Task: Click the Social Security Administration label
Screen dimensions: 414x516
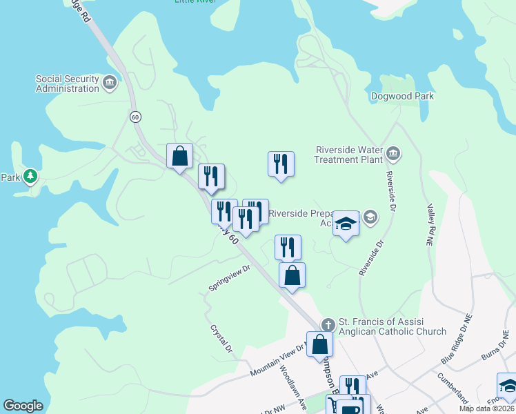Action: [68, 83]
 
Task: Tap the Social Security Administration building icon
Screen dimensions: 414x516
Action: [110, 84]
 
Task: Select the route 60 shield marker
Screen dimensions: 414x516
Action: [135, 117]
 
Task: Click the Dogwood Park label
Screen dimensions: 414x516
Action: [402, 97]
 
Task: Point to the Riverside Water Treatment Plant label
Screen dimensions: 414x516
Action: [348, 154]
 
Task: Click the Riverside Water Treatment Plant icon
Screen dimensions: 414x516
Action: [393, 152]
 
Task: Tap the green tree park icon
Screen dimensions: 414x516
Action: [30, 177]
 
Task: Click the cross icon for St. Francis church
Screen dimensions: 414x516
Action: [328, 324]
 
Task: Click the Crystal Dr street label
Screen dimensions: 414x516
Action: [221, 337]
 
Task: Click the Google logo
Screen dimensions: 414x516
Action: [23, 406]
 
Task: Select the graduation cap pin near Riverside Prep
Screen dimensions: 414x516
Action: [346, 225]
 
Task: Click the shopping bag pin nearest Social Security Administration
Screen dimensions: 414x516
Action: [179, 157]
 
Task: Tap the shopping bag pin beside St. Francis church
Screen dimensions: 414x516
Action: [320, 344]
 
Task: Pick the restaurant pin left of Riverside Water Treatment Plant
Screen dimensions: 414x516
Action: [281, 164]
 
